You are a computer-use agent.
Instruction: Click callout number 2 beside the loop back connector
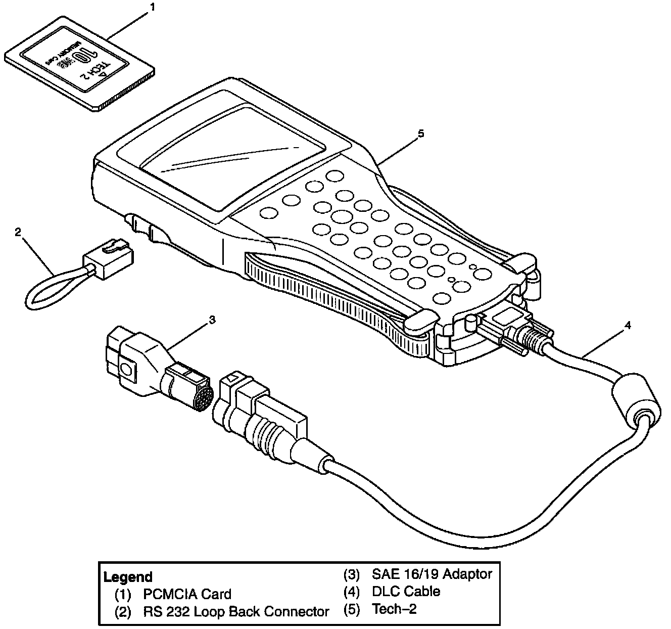pyautogui.click(x=18, y=232)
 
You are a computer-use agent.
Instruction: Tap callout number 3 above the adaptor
pyautogui.click(x=213, y=320)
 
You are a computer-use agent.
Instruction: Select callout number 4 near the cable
pyautogui.click(x=627, y=326)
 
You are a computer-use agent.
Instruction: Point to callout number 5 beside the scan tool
pyautogui.click(x=421, y=133)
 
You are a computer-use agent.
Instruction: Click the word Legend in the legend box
pyautogui.click(x=127, y=577)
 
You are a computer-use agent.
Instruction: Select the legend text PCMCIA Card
pyautogui.click(x=187, y=594)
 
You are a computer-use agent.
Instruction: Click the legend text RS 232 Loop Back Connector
pyautogui.click(x=236, y=612)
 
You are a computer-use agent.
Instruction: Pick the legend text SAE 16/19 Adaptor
pyautogui.click(x=432, y=574)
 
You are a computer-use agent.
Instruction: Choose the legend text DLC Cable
pyautogui.click(x=406, y=591)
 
